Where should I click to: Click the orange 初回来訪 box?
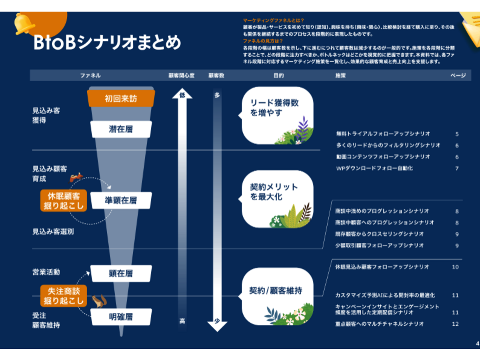120,98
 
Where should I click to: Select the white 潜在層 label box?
120,129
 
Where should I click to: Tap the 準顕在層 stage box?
120,200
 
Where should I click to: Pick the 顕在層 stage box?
120,274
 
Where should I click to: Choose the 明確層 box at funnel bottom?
120,317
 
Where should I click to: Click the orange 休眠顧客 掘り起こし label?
64,200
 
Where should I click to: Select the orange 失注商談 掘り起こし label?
64,296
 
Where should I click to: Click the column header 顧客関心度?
181,75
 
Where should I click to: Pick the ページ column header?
458,75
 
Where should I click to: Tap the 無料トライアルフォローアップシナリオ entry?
383,134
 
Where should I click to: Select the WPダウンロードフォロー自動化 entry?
374,168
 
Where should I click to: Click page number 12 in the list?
455,324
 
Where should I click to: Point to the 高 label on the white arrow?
182,321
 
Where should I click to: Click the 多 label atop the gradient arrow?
217,96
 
